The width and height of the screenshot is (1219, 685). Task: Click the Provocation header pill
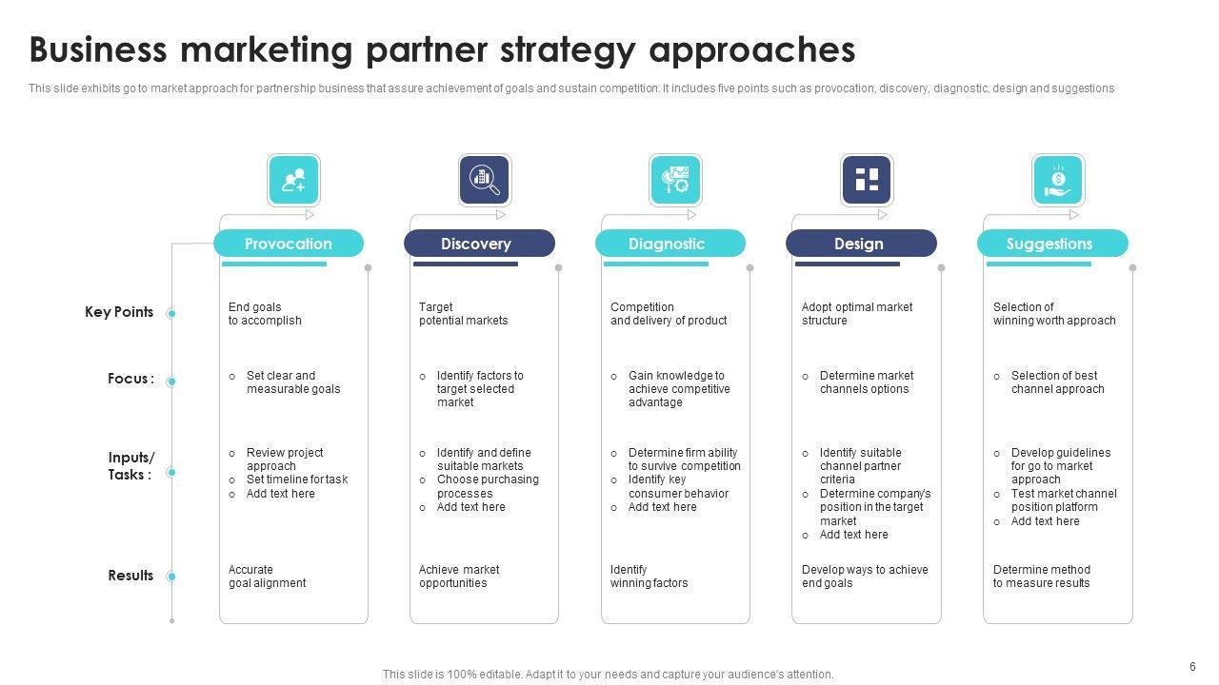(x=289, y=244)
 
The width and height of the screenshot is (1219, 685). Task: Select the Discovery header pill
(x=479, y=244)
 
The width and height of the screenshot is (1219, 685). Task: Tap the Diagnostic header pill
(x=670, y=244)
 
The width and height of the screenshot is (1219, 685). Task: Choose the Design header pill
(x=861, y=244)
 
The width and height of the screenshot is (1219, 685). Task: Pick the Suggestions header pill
(x=1052, y=244)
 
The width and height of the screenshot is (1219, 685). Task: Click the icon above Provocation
(x=293, y=181)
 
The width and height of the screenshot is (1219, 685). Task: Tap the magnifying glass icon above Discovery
(x=485, y=181)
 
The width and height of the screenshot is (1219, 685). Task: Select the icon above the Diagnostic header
(x=675, y=181)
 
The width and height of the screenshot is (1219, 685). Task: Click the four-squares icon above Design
(x=867, y=181)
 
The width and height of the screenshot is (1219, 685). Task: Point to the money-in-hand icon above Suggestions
(x=1058, y=181)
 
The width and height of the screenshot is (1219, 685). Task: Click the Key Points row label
(x=119, y=312)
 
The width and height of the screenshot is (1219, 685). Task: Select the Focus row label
(x=130, y=379)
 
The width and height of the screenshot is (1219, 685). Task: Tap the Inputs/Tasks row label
(x=130, y=466)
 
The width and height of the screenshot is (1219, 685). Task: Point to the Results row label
(x=130, y=576)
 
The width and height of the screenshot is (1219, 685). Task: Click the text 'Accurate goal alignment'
(x=268, y=577)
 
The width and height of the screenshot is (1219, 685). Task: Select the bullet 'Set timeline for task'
(x=296, y=479)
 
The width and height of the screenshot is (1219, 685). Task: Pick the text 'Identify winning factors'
(x=649, y=577)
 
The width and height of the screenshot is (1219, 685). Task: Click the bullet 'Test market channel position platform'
(x=1063, y=500)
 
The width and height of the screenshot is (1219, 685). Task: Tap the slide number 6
(x=1192, y=667)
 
